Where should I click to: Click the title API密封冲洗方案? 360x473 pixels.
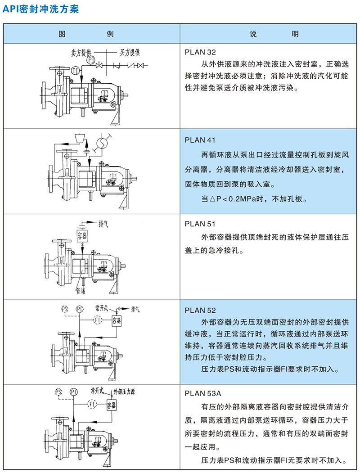[40, 9]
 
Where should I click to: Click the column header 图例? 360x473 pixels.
[86, 33]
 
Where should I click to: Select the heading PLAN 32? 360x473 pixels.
[200, 52]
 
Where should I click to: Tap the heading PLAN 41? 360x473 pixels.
[200, 140]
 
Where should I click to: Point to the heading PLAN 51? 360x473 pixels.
[200, 224]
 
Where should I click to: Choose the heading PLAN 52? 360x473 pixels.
[200, 310]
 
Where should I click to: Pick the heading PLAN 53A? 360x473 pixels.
[203, 393]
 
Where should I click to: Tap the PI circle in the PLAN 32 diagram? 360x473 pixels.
[91, 60]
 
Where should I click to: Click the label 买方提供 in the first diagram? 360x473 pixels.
[130, 53]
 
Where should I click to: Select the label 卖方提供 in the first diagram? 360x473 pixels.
[81, 53]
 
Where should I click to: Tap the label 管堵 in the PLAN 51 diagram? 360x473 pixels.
[80, 291]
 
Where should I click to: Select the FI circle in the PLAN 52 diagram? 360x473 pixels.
[97, 320]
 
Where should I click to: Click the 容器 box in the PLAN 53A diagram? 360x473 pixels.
[111, 405]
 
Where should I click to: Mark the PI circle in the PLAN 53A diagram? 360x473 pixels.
[73, 392]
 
